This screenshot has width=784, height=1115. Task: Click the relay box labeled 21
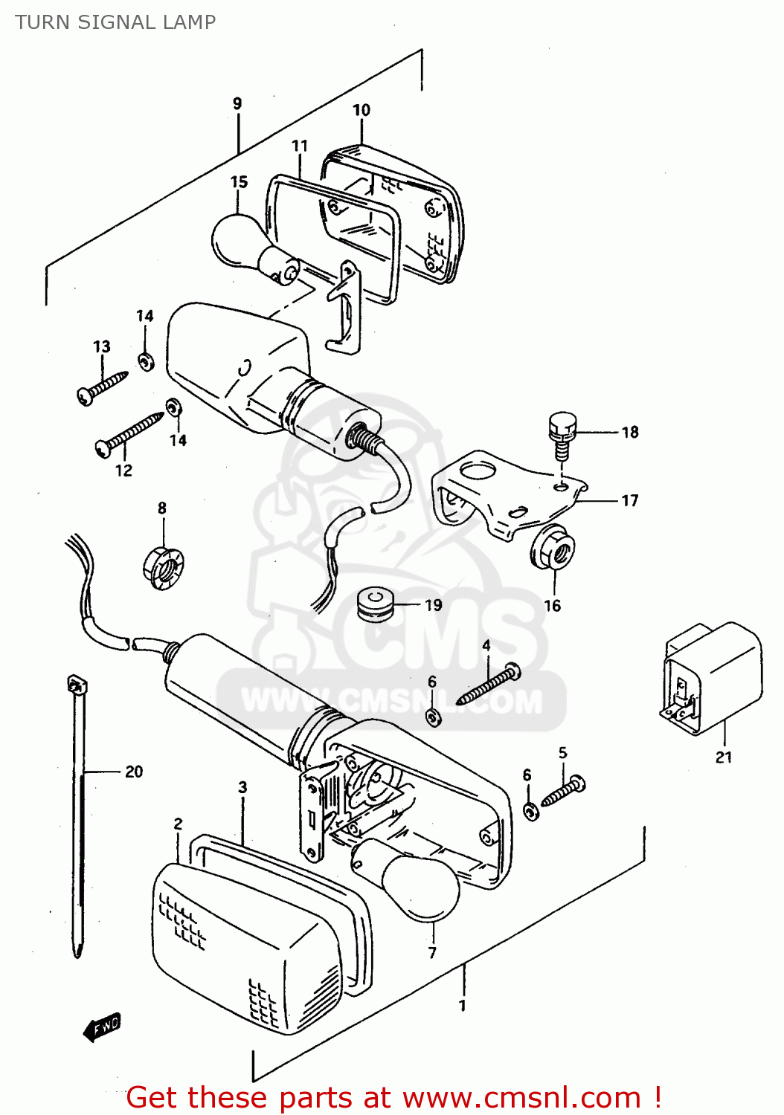[x=713, y=677]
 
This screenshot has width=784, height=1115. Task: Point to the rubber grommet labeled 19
[x=376, y=604]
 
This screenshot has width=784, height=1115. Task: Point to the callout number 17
[x=629, y=500]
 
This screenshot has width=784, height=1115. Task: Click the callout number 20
[x=134, y=772]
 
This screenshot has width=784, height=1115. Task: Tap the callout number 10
[x=362, y=110]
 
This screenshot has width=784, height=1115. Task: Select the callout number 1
[x=463, y=1006]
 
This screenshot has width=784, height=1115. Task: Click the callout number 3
[x=242, y=787]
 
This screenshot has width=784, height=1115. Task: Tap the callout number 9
[x=237, y=103]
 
